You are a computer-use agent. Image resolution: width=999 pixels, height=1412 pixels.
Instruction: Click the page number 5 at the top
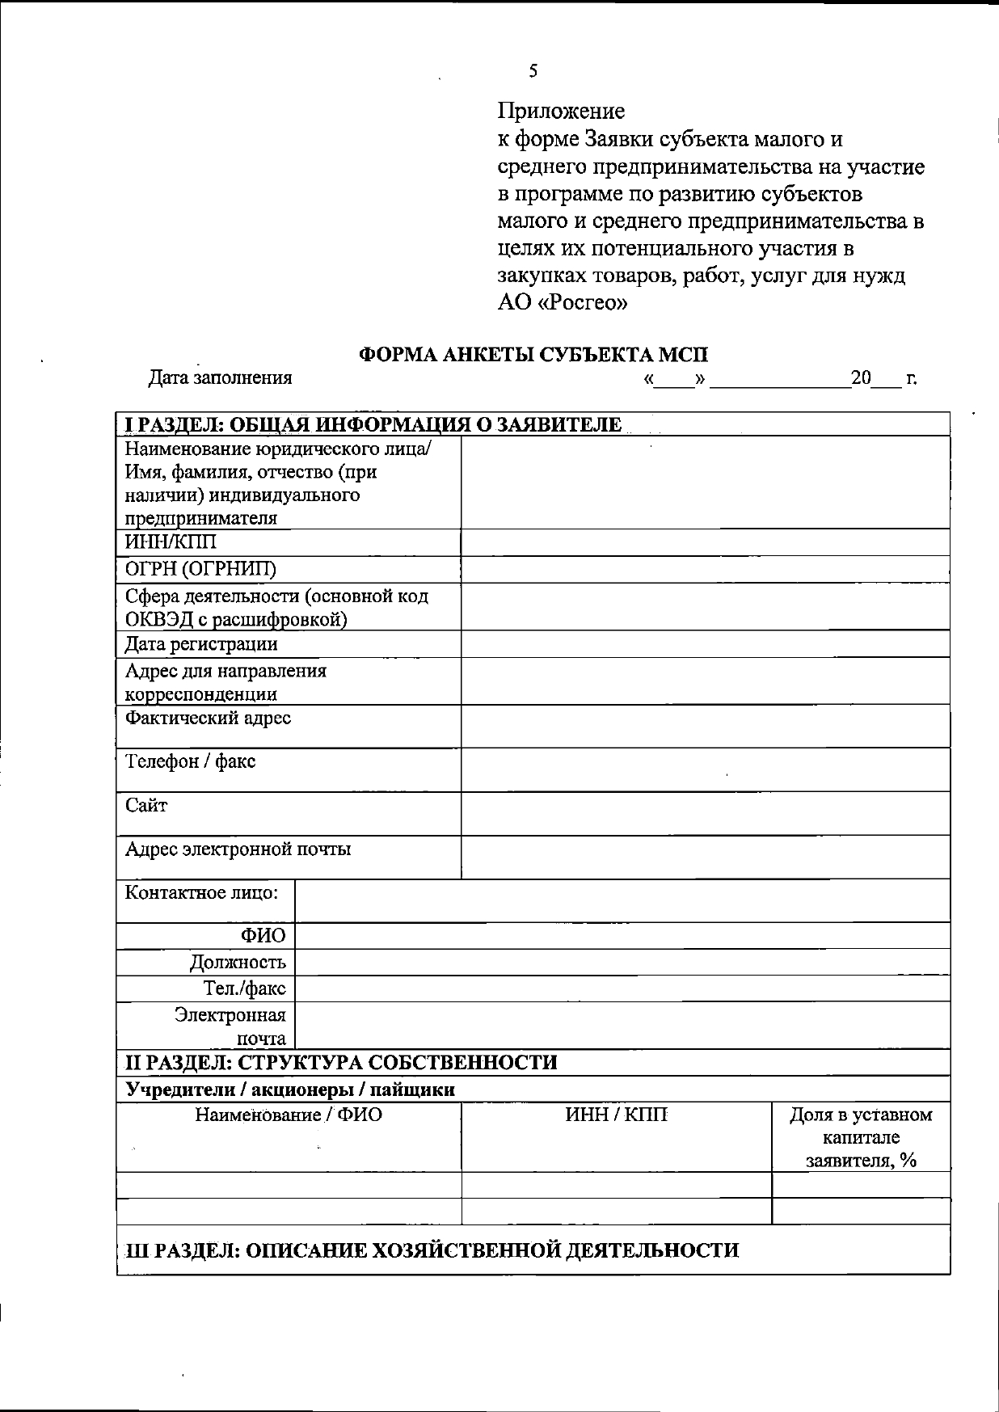coord(533,71)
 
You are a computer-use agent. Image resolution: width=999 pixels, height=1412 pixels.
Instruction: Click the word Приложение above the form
coord(561,111)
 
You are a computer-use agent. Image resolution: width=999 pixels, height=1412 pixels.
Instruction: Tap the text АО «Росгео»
coord(563,303)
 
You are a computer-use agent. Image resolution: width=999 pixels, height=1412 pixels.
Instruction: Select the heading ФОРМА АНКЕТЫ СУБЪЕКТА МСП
coord(533,354)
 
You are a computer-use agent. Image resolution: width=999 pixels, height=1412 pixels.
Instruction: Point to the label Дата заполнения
coord(220,377)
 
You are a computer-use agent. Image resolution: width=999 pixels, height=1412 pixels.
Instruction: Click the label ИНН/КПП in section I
coord(171,542)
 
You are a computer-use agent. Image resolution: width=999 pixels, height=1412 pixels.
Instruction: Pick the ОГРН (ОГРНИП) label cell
coord(200,569)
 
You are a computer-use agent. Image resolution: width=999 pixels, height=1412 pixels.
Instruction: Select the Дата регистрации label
coord(201,644)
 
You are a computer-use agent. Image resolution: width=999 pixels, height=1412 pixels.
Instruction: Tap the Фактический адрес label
coord(208,718)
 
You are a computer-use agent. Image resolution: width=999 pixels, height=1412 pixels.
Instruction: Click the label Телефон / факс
coord(190,761)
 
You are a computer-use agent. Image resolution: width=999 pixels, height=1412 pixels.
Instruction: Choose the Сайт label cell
coord(146,805)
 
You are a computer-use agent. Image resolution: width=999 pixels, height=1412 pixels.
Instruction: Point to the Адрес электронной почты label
coord(238,849)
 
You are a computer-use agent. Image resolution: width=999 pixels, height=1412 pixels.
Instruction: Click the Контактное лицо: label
coord(201,893)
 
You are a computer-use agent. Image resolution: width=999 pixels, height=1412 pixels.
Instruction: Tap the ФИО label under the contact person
coord(263,936)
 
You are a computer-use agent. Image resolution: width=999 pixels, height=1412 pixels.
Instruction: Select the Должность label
coord(238,963)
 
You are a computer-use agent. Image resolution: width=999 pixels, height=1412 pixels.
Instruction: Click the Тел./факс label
coord(244,988)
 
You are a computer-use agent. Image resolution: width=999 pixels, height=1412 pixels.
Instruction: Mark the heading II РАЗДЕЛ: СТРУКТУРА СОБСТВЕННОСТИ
coord(341,1062)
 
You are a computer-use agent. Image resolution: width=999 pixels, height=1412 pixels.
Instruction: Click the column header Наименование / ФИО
coord(289,1115)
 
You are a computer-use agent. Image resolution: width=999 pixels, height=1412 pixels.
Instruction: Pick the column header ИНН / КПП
coord(616,1115)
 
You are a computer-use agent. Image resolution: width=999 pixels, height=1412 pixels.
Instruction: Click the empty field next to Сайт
coord(705,813)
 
